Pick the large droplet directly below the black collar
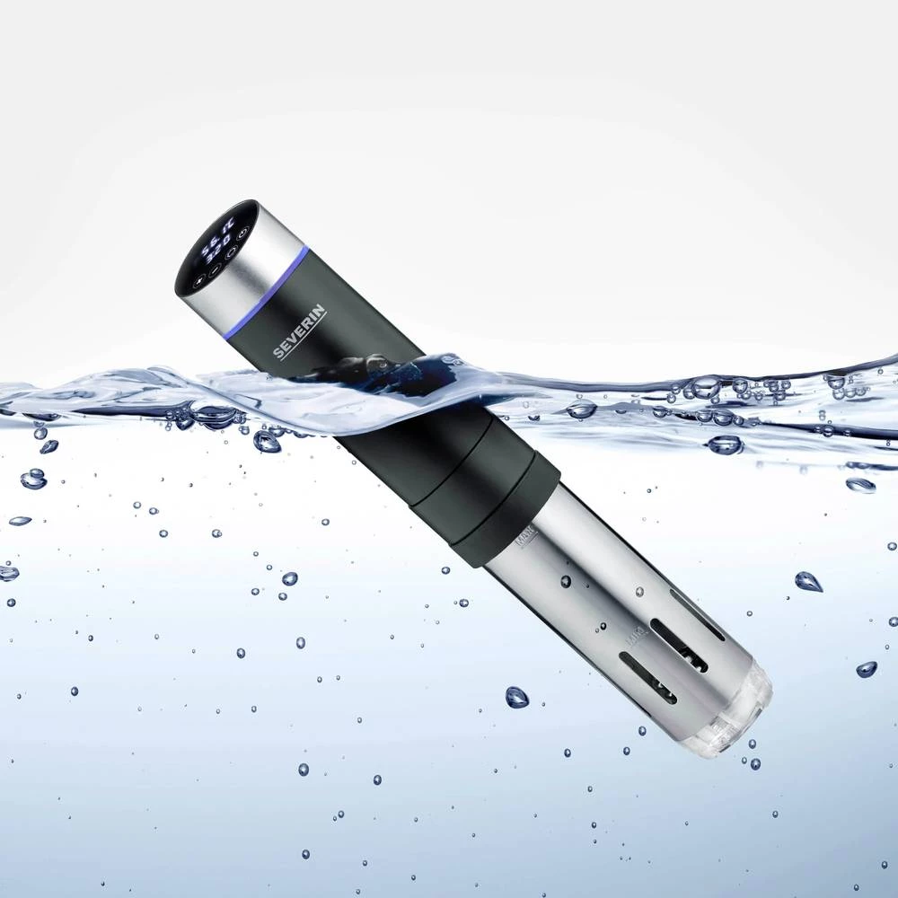pos(516,697)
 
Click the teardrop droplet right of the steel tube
pos(808,581)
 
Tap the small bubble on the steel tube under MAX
pos(566,581)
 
